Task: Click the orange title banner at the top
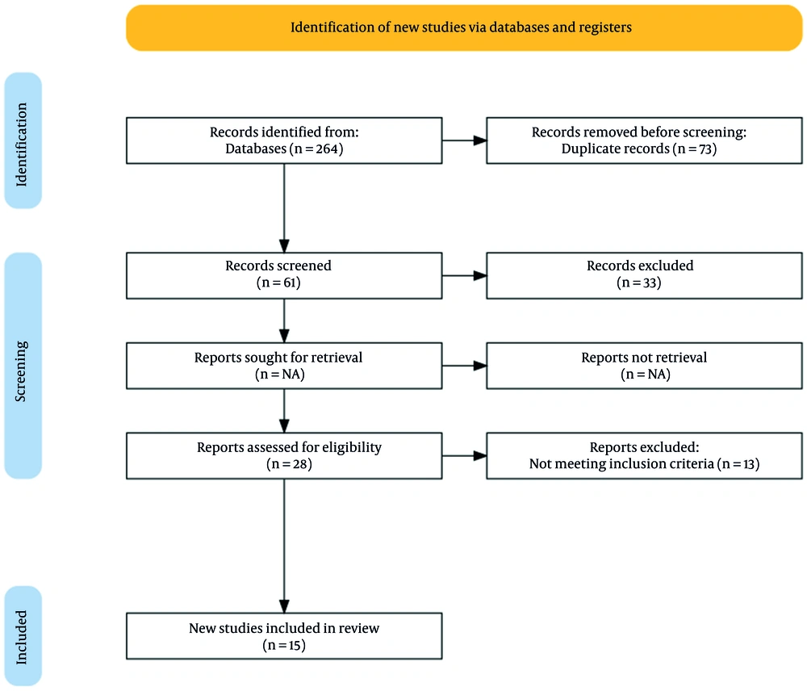[x=464, y=27]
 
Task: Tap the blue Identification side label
[x=23, y=140]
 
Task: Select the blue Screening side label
[x=23, y=366]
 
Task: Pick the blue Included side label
[x=23, y=636]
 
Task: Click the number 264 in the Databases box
[x=325, y=149]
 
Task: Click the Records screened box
[x=284, y=275]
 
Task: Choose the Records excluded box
[x=644, y=275]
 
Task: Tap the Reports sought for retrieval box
[x=284, y=366]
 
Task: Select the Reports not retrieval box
[x=644, y=366]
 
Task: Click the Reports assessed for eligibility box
[x=284, y=456]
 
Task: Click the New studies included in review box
[x=284, y=636]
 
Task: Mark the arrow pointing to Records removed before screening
[x=464, y=140]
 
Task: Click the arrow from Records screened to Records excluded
[x=464, y=275]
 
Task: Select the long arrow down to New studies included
[x=284, y=546]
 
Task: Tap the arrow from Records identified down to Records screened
[x=284, y=208]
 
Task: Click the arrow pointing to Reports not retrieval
[x=464, y=366]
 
